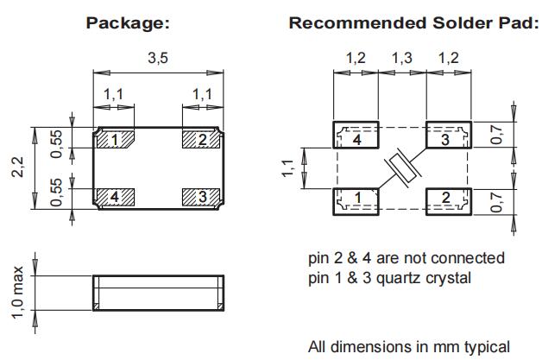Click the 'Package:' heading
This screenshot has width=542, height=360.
[x=127, y=22]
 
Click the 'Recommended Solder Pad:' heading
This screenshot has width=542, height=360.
[x=413, y=22]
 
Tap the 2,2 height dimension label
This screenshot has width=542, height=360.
[x=18, y=168]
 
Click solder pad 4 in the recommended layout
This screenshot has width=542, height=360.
[x=356, y=136]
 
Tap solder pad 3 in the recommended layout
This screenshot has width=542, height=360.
[x=446, y=136]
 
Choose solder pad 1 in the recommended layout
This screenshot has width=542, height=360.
[x=356, y=199]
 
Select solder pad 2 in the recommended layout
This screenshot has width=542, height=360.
[x=446, y=199]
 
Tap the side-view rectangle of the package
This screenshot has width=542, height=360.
[x=158, y=294]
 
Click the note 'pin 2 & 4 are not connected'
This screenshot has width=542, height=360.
[x=406, y=258]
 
